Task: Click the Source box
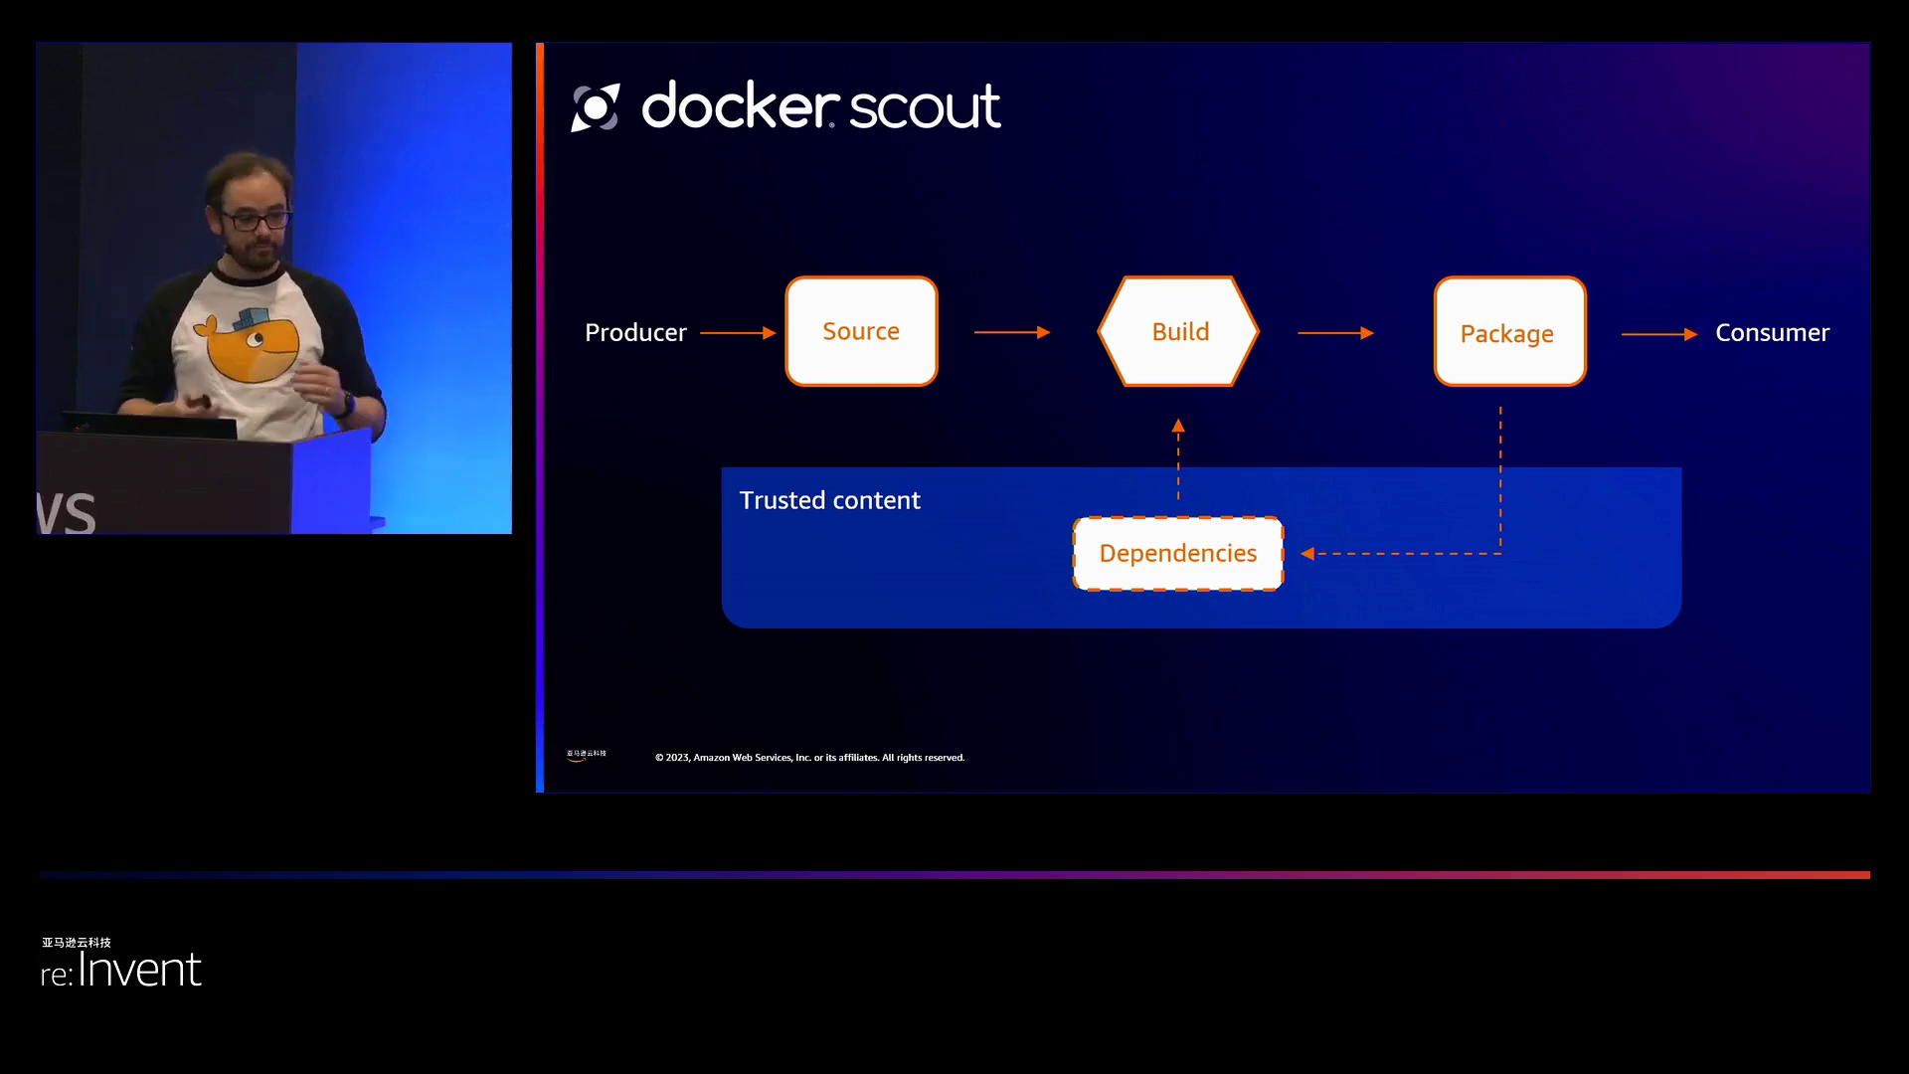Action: click(x=861, y=331)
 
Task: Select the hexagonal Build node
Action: click(x=1179, y=331)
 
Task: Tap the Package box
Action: click(x=1509, y=332)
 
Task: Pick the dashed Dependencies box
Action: click(x=1178, y=554)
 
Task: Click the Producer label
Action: click(x=635, y=333)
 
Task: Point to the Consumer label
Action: click(x=1772, y=333)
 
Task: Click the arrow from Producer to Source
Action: click(x=738, y=333)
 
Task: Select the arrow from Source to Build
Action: click(x=1012, y=332)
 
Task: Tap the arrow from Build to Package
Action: click(x=1335, y=333)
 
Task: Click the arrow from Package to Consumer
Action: click(x=1658, y=334)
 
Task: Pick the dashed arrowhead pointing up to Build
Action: click(x=1178, y=426)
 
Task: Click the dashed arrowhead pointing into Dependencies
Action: click(x=1307, y=554)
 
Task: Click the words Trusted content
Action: click(x=829, y=500)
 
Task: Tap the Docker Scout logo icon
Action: click(x=596, y=107)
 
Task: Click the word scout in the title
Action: click(x=924, y=106)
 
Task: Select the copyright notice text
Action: click(x=809, y=758)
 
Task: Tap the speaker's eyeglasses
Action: click(x=255, y=220)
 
